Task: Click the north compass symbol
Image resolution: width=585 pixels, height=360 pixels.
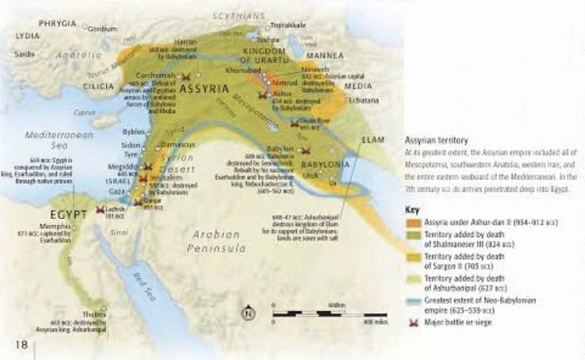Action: point(248,314)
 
